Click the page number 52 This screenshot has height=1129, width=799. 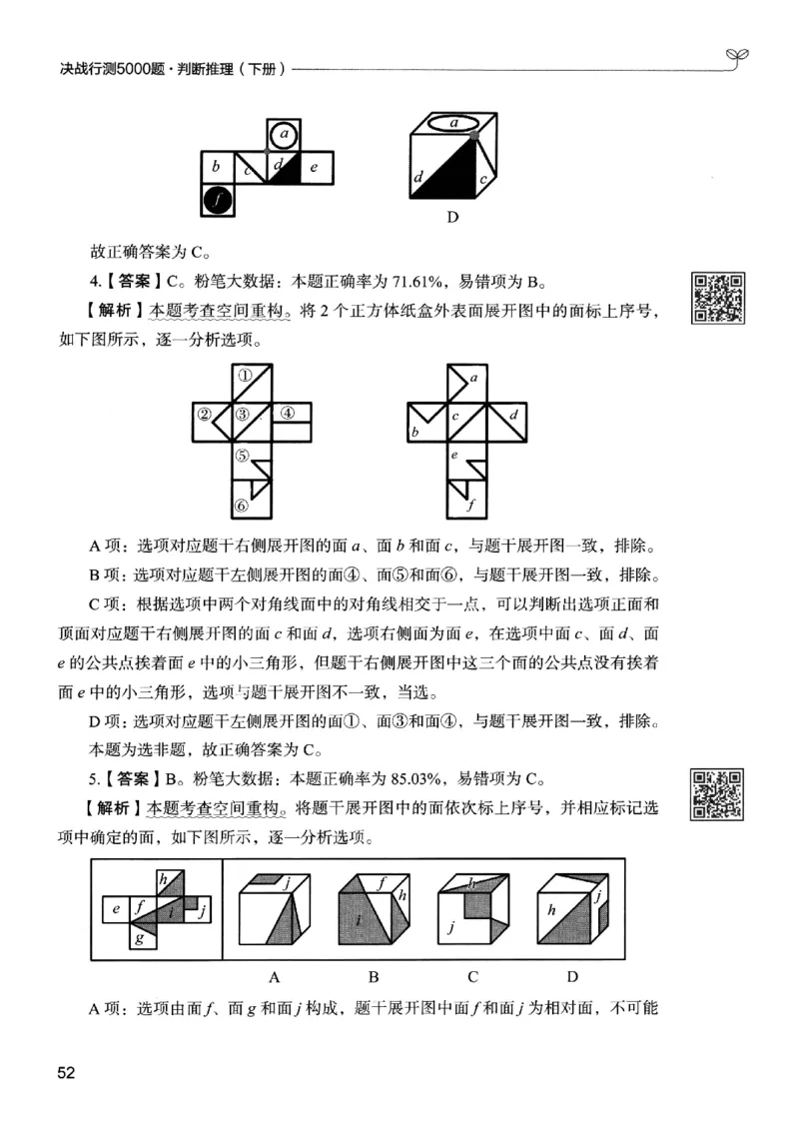point(67,1073)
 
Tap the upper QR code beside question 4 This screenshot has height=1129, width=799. point(719,298)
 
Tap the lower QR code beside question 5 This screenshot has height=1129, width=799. point(719,794)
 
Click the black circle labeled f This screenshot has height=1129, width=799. point(219,200)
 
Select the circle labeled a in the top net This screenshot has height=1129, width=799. point(285,133)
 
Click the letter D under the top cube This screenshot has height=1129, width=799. point(451,218)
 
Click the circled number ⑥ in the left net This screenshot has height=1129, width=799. point(241,507)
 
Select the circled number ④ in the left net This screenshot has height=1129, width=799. point(287,413)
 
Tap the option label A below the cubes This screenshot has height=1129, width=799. point(274,976)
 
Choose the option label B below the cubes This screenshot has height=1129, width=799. point(373,976)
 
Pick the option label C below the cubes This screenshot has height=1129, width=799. point(472,976)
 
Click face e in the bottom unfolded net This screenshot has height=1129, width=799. point(117,909)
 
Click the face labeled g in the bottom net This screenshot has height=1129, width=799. point(140,937)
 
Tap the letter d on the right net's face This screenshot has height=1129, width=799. point(513,414)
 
